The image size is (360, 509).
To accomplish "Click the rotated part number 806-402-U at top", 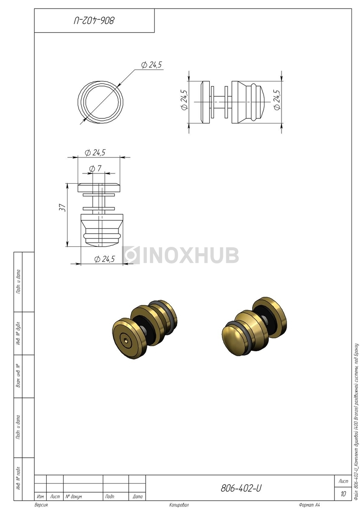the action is (94, 21).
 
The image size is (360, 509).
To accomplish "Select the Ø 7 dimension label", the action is (95, 169).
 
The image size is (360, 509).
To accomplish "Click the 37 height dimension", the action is (62, 208).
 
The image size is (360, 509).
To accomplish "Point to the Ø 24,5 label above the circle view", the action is (151, 65).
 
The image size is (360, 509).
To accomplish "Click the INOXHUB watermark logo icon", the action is (131, 255).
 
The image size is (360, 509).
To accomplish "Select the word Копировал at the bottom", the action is (179, 505).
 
